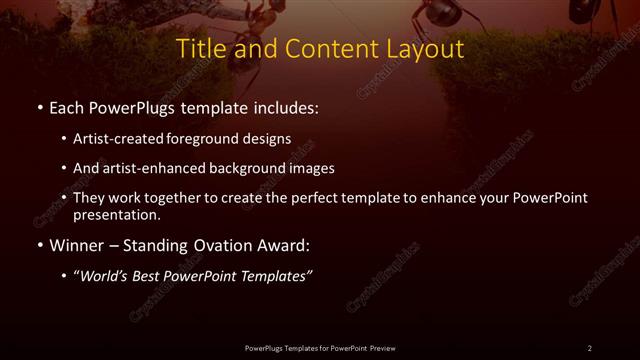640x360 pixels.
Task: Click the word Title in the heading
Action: click(200, 48)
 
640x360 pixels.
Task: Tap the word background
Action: click(255, 168)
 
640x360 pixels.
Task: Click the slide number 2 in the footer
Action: click(590, 348)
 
